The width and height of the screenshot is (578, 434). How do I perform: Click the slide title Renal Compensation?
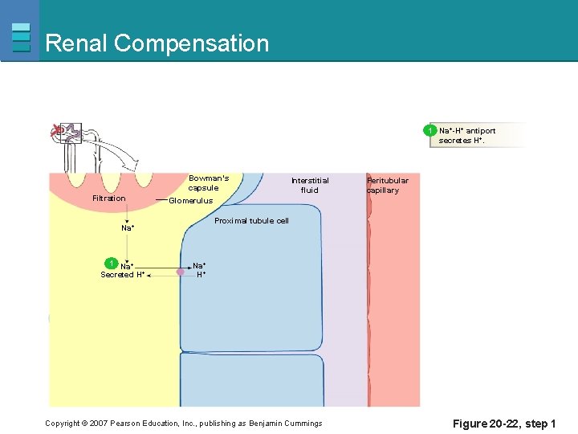(x=157, y=43)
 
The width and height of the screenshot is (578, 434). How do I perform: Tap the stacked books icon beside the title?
(x=22, y=37)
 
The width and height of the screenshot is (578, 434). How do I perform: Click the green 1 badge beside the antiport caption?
(x=431, y=130)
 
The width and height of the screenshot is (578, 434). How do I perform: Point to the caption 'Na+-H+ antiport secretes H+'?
(x=467, y=135)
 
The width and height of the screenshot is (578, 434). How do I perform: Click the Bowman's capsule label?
(x=209, y=182)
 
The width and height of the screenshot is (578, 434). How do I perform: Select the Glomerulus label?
(x=191, y=201)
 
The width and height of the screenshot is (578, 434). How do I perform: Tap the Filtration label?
(x=109, y=199)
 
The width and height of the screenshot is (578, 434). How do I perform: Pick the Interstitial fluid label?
(x=310, y=185)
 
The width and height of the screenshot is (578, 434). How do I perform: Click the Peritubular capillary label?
(x=388, y=185)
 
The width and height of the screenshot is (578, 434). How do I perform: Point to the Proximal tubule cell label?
(x=251, y=220)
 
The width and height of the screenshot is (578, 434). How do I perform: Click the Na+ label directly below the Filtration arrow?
(x=127, y=228)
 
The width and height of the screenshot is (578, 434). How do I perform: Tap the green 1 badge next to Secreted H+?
(x=112, y=263)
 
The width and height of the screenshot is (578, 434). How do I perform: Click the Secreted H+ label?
(x=122, y=275)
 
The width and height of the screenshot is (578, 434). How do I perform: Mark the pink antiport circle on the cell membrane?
(x=181, y=272)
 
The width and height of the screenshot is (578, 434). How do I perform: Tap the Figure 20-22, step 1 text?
(x=504, y=424)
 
